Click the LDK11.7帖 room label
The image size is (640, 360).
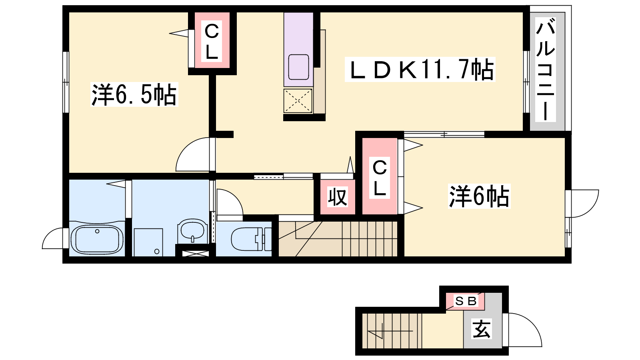click(420, 70)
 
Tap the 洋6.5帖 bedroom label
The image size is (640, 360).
click(134, 94)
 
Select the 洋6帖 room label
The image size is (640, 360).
click(479, 196)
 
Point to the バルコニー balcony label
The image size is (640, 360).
click(546, 70)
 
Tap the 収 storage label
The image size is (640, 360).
click(338, 196)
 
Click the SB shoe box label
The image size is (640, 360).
click(466, 301)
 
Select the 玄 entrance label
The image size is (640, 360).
click(482, 329)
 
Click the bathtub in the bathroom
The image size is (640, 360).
click(97, 240)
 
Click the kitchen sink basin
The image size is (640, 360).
click(298, 67)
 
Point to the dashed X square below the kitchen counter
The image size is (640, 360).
click(298, 100)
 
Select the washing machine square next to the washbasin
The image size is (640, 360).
click(148, 242)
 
